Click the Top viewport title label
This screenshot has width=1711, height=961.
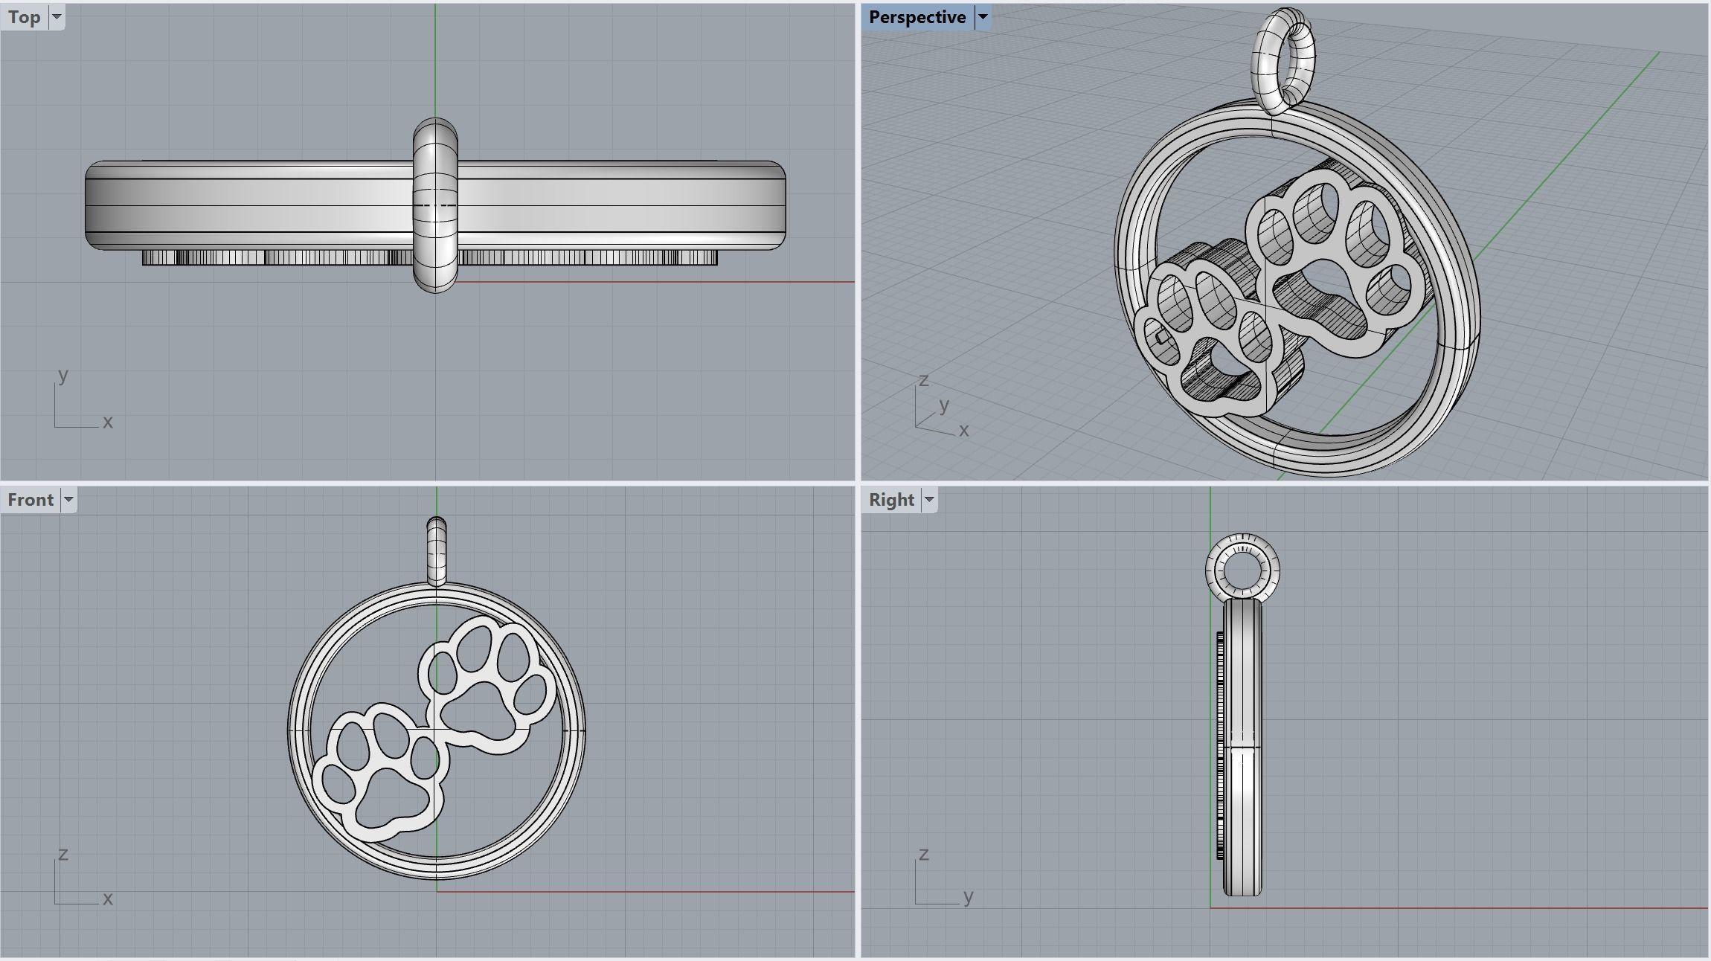pyautogui.click(x=25, y=17)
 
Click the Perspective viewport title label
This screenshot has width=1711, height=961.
pyautogui.click(x=917, y=17)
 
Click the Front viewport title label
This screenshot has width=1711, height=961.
pyautogui.click(x=31, y=499)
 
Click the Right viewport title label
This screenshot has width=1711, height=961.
pyautogui.click(x=891, y=499)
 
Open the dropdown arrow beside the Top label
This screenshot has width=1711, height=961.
pyautogui.click(x=57, y=17)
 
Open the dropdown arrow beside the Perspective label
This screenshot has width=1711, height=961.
pyautogui.click(x=982, y=17)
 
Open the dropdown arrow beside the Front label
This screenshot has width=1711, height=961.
pyautogui.click(x=68, y=499)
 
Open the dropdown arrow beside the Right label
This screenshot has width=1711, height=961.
pyautogui.click(x=928, y=499)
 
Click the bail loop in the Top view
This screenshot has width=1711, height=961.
pyautogui.click(x=435, y=205)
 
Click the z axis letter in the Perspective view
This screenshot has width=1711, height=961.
pyautogui.click(x=924, y=380)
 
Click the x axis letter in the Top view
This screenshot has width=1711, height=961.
pyautogui.click(x=108, y=422)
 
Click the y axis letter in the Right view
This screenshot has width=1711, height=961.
pyautogui.click(x=968, y=896)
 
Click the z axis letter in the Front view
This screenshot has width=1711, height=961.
pyautogui.click(x=63, y=854)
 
